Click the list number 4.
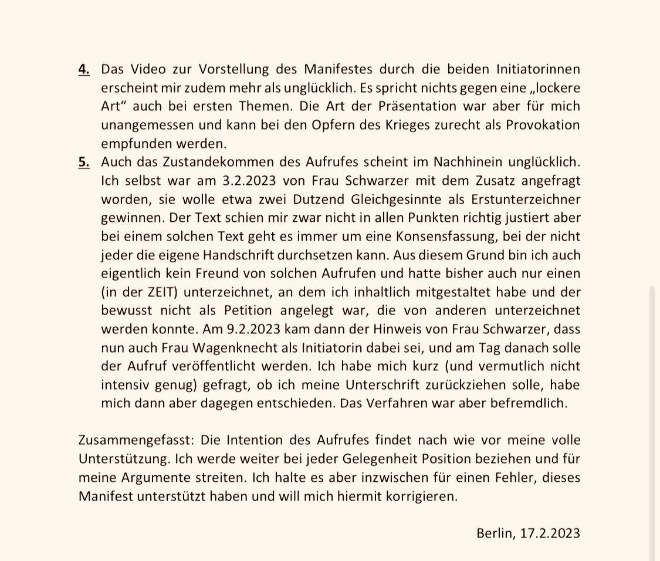tap(83, 69)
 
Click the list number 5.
tap(83, 162)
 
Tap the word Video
tap(143, 69)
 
